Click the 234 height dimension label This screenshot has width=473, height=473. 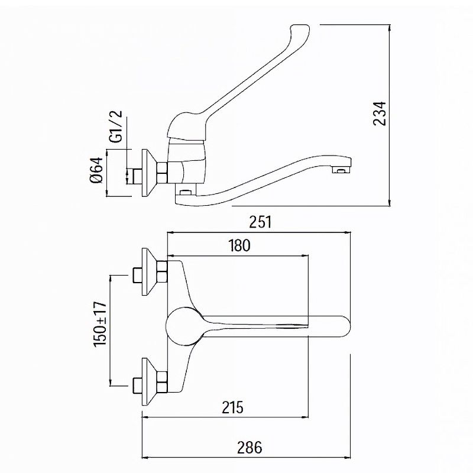click(x=379, y=114)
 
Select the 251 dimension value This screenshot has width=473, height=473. click(x=260, y=222)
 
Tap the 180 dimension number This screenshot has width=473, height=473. click(x=239, y=245)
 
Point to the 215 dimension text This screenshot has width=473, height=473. click(x=232, y=407)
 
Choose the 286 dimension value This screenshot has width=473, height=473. click(x=250, y=448)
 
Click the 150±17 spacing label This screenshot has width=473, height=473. click(x=101, y=324)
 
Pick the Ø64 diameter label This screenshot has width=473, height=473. click(x=96, y=170)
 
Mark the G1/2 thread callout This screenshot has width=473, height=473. click(x=116, y=126)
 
